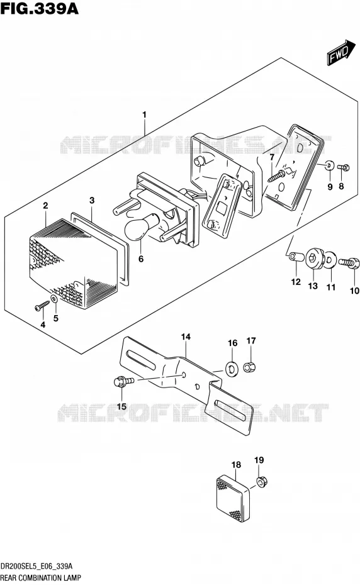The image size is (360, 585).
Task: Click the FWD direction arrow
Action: (x=341, y=53)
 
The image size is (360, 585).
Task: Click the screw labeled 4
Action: (x=42, y=306)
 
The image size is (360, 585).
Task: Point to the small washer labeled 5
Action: (x=54, y=299)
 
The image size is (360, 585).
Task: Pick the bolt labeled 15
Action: (x=123, y=382)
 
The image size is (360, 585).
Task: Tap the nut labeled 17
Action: (x=249, y=367)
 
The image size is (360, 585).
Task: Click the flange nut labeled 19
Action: (x=261, y=482)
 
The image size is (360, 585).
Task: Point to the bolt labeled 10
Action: (x=349, y=263)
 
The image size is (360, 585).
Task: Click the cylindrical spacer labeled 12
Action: (x=295, y=257)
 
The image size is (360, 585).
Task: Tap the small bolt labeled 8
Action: (x=343, y=167)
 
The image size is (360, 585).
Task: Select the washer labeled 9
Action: (x=329, y=165)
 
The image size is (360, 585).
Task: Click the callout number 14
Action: (x=186, y=337)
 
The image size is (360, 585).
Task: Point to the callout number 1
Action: (x=144, y=114)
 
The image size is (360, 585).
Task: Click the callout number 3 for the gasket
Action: (x=92, y=201)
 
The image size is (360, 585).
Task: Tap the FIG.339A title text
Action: (x=40, y=9)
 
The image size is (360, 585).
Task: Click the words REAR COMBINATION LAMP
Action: (x=40, y=578)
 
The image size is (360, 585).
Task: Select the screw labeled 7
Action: (x=278, y=174)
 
